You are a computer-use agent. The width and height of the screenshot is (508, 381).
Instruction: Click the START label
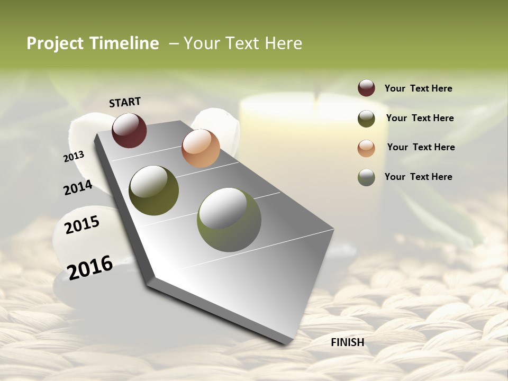(x=125, y=102)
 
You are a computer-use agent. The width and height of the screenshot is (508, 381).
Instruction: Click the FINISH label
(x=347, y=342)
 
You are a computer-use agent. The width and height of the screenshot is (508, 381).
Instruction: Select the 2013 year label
(x=74, y=156)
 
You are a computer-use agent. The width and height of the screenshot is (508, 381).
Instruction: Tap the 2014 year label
(x=78, y=187)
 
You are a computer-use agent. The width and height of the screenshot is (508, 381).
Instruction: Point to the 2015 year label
(x=82, y=225)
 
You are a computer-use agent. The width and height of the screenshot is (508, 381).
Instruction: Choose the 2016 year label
(x=90, y=267)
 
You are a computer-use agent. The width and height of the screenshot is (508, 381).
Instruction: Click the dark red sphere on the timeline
(x=129, y=130)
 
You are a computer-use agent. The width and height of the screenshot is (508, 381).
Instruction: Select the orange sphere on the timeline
(x=201, y=148)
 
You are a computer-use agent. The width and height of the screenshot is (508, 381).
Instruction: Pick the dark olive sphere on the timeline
(x=154, y=190)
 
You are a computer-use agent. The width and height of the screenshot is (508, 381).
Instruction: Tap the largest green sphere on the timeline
(x=229, y=220)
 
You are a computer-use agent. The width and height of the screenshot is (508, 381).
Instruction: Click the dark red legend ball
(x=366, y=88)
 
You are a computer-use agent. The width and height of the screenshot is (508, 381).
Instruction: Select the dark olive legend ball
(x=366, y=119)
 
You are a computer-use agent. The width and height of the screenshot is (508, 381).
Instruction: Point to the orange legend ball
(x=366, y=148)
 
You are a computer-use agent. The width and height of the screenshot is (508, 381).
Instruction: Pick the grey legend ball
(x=366, y=177)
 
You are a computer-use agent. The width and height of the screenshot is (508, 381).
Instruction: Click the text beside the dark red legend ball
(x=418, y=88)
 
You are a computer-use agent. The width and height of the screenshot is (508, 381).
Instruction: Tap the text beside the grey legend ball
(x=418, y=177)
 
